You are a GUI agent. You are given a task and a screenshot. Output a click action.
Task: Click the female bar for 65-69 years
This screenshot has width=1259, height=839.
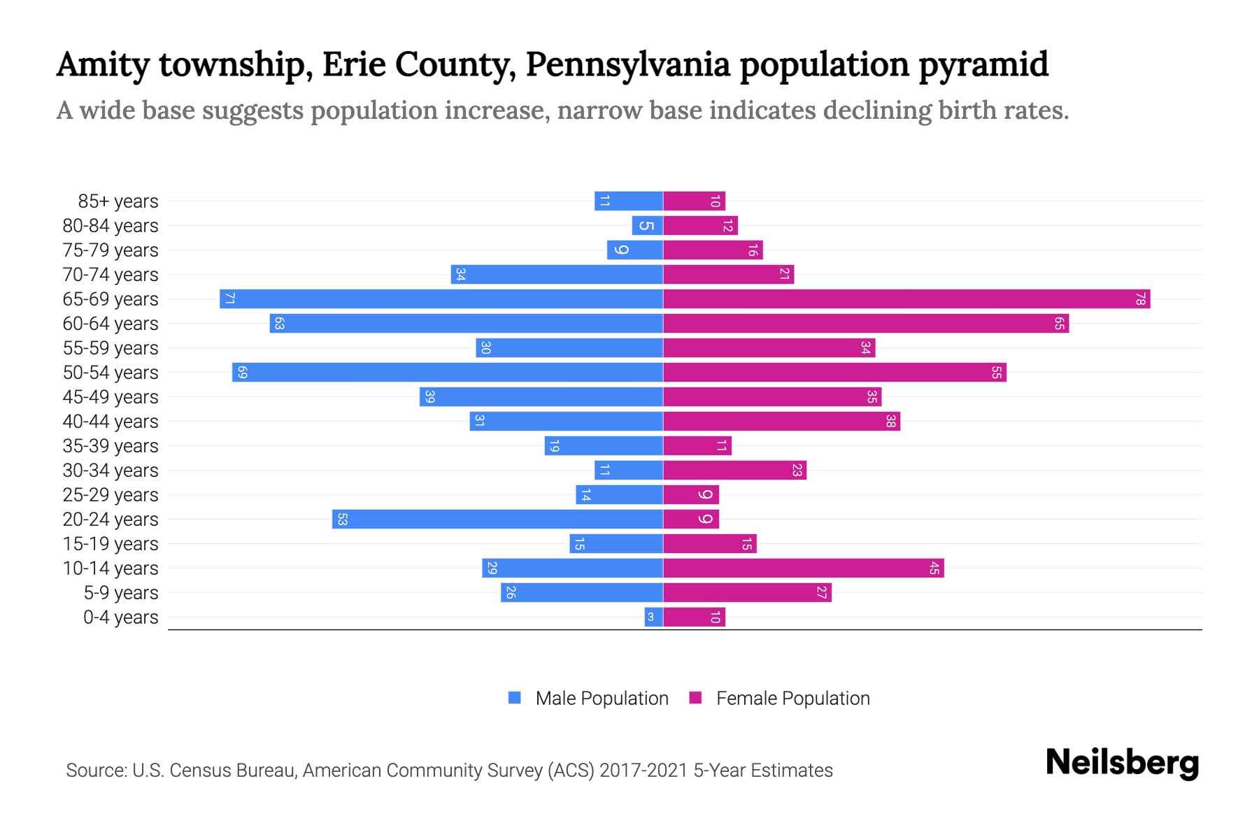(x=906, y=299)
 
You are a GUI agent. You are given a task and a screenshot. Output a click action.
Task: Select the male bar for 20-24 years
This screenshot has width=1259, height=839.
(x=497, y=519)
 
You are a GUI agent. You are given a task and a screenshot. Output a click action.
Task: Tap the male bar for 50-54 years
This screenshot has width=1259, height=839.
(x=448, y=373)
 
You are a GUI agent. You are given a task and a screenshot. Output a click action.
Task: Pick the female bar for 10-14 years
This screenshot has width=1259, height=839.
(x=803, y=568)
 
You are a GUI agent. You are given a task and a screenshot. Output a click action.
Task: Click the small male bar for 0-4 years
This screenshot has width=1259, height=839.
(x=653, y=617)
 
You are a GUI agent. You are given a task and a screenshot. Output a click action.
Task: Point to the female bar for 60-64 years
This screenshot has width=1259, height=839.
(x=865, y=324)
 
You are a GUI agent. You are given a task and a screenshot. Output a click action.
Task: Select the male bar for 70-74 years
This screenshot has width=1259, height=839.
(x=557, y=275)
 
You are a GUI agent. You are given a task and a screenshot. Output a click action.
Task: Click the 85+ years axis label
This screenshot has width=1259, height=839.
(x=118, y=201)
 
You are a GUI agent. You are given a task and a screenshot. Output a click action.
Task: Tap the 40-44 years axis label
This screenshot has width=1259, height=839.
(x=111, y=422)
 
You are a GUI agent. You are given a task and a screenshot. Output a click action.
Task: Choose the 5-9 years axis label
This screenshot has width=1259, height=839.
(x=120, y=593)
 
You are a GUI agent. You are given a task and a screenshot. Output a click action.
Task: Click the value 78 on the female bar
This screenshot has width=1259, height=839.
(x=1140, y=299)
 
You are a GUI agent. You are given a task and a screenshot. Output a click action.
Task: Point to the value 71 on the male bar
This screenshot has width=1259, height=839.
(x=229, y=299)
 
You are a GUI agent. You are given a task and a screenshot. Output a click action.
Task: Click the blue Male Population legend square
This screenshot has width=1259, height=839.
(x=515, y=698)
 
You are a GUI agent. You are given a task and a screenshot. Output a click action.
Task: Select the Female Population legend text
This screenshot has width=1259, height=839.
(x=792, y=698)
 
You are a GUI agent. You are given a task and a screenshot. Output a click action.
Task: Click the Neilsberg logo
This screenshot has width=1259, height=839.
(x=1122, y=763)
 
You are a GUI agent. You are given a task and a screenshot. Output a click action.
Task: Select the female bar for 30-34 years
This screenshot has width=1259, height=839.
(x=734, y=471)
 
